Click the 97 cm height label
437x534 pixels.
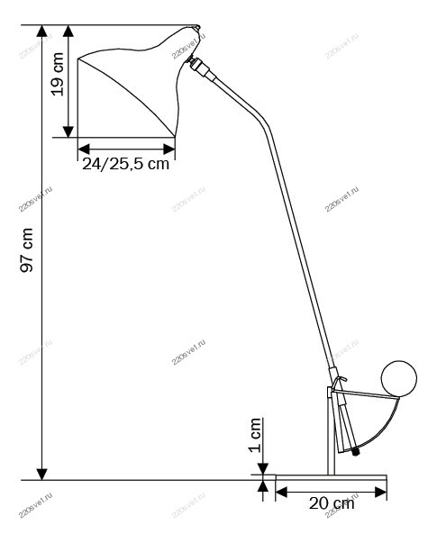(27, 250)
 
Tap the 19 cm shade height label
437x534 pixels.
(58, 74)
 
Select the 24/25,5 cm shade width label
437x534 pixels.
(125, 164)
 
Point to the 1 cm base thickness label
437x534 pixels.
(255, 435)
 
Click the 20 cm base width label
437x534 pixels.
(332, 503)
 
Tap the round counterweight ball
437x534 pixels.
(399, 377)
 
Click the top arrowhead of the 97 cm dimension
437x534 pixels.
(42, 31)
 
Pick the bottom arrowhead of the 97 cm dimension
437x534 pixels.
(42, 474)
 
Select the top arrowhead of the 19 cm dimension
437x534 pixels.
(68, 31)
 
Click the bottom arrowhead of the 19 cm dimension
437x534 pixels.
(68, 131)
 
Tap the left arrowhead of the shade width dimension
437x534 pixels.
(84, 149)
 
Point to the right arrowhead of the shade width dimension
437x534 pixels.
(169, 149)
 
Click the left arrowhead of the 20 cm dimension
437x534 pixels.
(281, 492)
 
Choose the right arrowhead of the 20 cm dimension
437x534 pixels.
(381, 492)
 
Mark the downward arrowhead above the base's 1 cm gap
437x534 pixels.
(263, 468)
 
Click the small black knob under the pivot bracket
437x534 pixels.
(356, 453)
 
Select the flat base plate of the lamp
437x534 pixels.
(331, 477)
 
